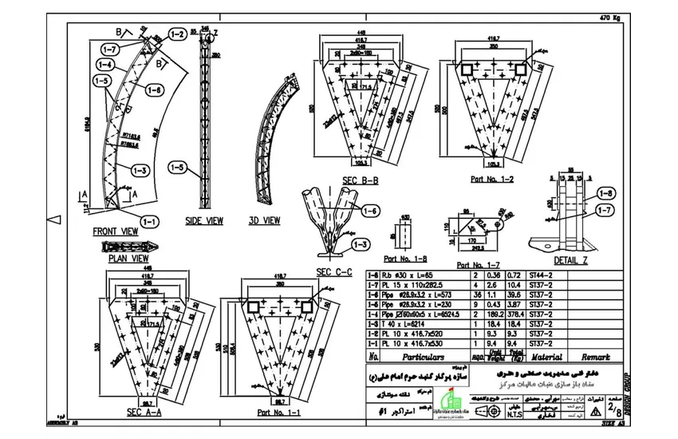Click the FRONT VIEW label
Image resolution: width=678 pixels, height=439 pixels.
(x=116, y=231)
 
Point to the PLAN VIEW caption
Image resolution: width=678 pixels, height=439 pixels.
(x=130, y=259)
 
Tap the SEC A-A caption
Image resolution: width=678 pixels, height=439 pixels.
(x=144, y=412)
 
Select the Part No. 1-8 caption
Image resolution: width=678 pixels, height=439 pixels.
(x=405, y=259)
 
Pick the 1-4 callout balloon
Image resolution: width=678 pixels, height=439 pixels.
(x=104, y=64)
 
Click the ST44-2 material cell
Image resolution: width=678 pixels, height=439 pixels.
(x=542, y=275)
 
